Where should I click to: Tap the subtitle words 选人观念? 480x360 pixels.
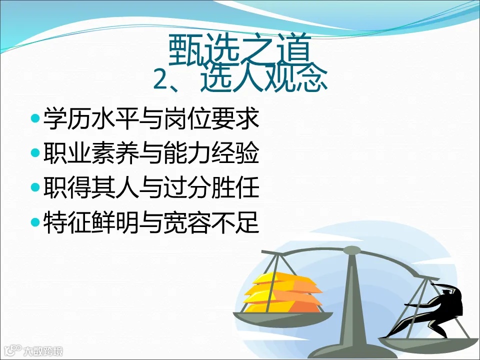(x=264, y=80)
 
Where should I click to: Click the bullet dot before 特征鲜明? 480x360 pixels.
(x=34, y=222)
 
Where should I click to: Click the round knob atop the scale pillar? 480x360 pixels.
(x=352, y=250)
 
